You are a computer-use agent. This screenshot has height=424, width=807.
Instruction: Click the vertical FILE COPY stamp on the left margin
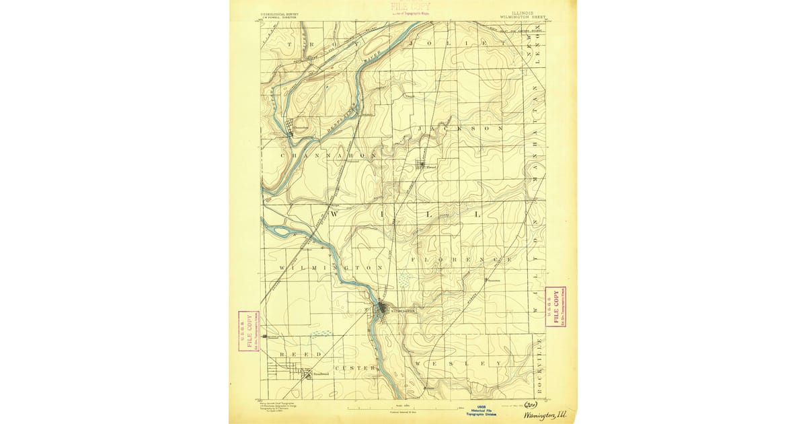249,331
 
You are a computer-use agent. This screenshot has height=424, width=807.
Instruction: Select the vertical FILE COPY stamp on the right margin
555,307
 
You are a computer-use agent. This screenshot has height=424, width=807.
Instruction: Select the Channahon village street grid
291,126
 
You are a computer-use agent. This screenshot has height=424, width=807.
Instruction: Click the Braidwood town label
319,374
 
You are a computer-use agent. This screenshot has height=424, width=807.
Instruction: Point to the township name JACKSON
460,128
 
